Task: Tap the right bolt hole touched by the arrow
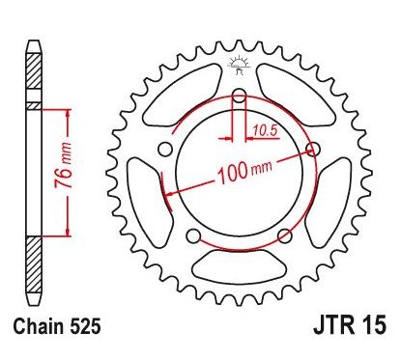click(312, 148)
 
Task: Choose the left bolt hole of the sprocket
click(165, 149)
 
